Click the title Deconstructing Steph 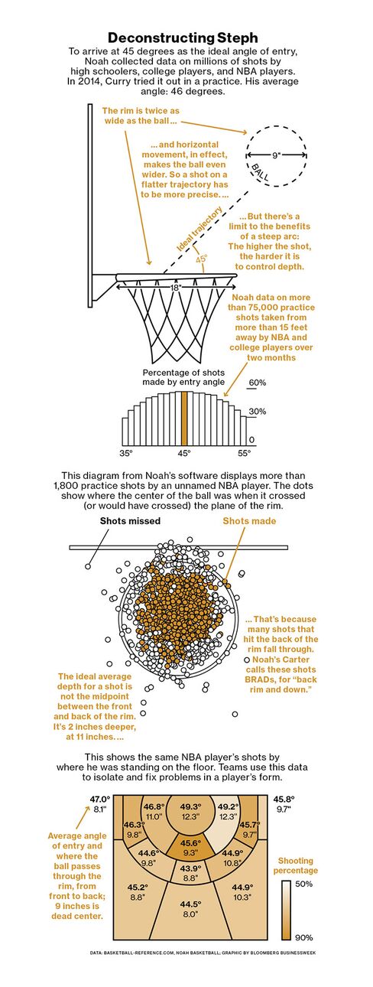click(183, 37)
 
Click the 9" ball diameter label click(276, 155)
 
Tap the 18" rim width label click(175, 287)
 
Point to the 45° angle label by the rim click(201, 259)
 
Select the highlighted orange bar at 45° click(184, 418)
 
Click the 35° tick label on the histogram click(126, 453)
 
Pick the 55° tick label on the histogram click(244, 453)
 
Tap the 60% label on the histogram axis click(258, 383)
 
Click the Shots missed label click(131, 521)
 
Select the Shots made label click(249, 521)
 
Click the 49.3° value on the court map click(190, 806)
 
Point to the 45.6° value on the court click(190, 842)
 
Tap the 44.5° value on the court click(190, 904)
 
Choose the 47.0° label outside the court click(100, 799)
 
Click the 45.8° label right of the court click(284, 799)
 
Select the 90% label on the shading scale click(304, 938)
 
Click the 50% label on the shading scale click(304, 884)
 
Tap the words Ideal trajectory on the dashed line click(199, 230)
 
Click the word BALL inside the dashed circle click(260, 173)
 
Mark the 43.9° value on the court click(190, 868)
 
